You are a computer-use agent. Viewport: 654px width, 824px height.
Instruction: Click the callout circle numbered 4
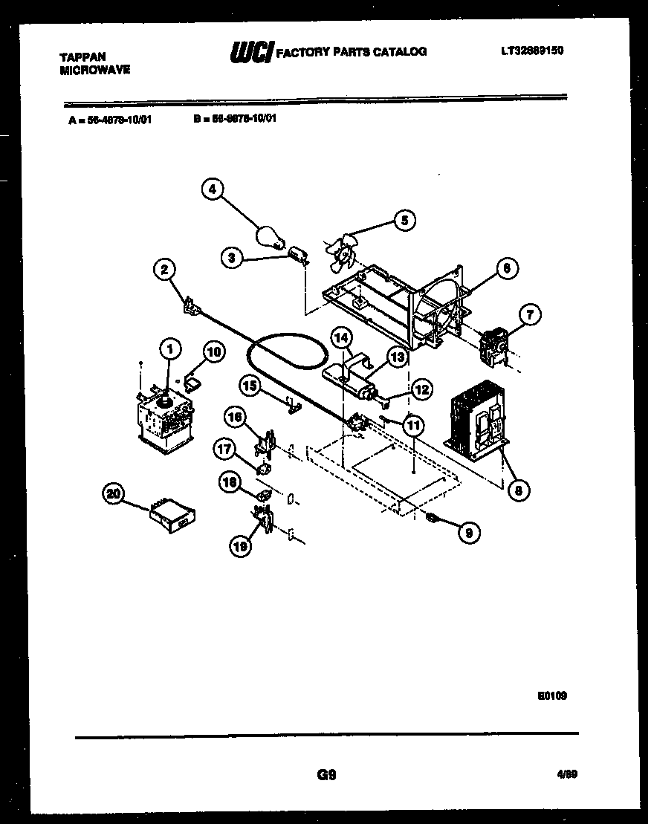(213, 190)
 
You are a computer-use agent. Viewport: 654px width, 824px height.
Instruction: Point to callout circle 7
(530, 314)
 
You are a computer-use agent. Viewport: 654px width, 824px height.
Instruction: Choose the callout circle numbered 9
(469, 532)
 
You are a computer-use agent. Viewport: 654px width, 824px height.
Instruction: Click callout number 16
(234, 418)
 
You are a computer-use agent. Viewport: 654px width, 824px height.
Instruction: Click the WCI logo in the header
(250, 52)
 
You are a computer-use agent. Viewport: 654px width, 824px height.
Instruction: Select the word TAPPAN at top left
(82, 56)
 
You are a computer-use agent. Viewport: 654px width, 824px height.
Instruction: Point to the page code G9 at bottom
(327, 775)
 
